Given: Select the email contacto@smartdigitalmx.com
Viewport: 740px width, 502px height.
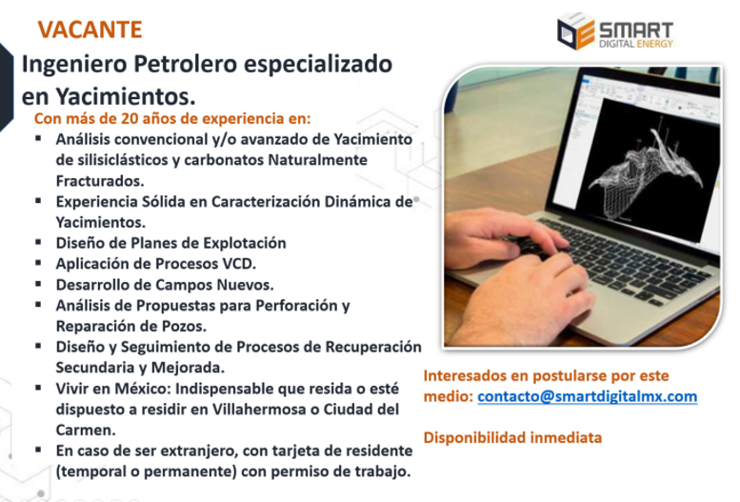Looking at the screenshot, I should point(587,396).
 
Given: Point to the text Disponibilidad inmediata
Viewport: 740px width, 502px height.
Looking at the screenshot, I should point(512,438).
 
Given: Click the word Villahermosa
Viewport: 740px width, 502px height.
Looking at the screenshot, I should point(273,410).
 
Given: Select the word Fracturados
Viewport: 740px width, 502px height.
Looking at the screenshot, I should point(100,180).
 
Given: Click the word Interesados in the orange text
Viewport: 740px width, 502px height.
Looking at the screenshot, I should point(463,375).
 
